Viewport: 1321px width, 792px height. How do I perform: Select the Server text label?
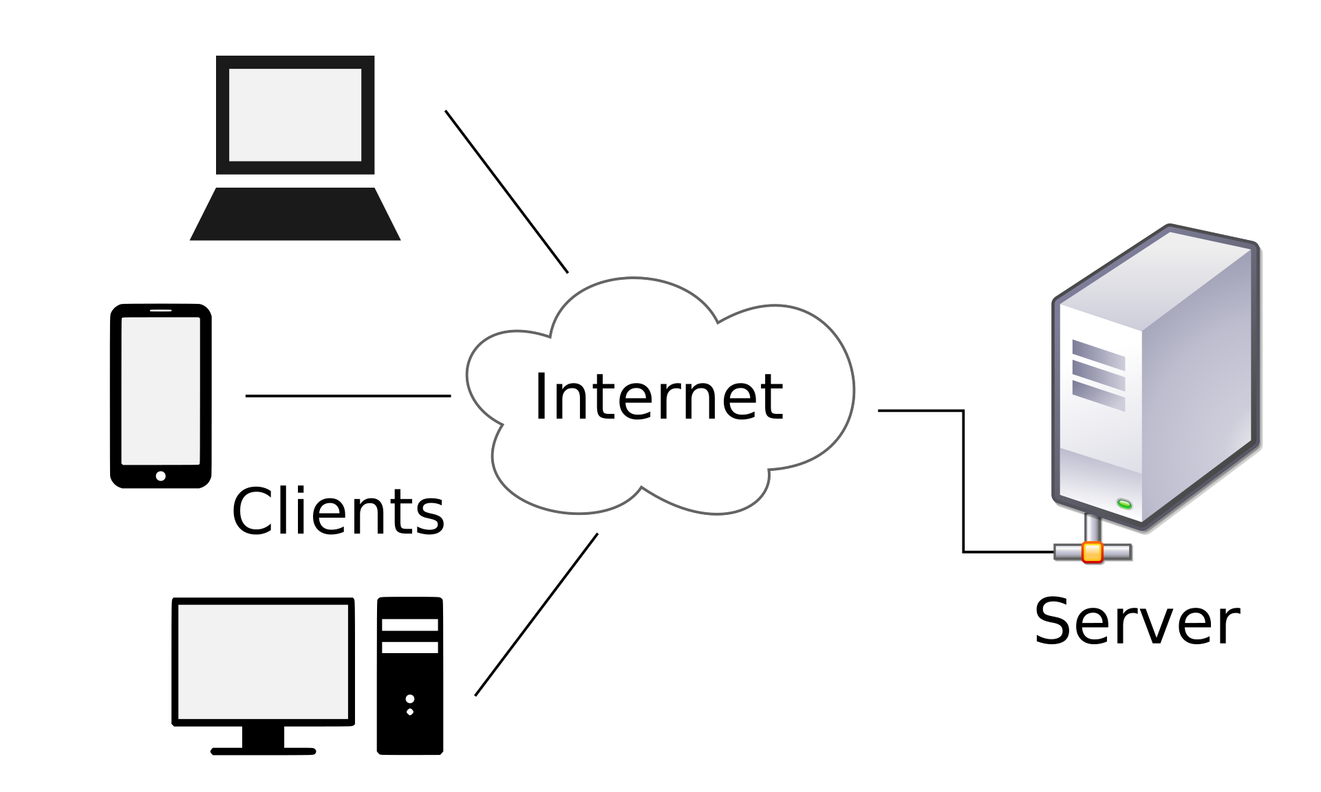[x=1137, y=621]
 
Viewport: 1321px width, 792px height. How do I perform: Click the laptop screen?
[x=295, y=115]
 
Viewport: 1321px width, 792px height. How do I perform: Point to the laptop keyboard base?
[x=295, y=214]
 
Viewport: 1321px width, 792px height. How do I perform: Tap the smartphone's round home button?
[x=160, y=476]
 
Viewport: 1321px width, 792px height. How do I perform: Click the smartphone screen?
[x=160, y=390]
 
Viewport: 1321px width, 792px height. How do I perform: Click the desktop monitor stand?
[x=263, y=739]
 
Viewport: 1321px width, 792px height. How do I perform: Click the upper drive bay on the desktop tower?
[x=410, y=625]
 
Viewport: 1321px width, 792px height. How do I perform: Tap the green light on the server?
[x=1124, y=505]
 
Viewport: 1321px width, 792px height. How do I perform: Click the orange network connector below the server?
[x=1092, y=552]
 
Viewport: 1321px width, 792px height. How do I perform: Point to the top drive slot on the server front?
[x=1098, y=354]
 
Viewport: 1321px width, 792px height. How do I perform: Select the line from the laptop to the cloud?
[x=506, y=192]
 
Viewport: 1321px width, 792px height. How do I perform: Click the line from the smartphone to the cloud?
[x=348, y=396]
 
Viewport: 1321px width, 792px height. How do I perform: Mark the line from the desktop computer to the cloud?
[x=536, y=615]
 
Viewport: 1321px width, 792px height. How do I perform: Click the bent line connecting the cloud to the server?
[x=963, y=481]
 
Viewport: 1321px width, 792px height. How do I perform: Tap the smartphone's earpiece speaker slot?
[x=160, y=311]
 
